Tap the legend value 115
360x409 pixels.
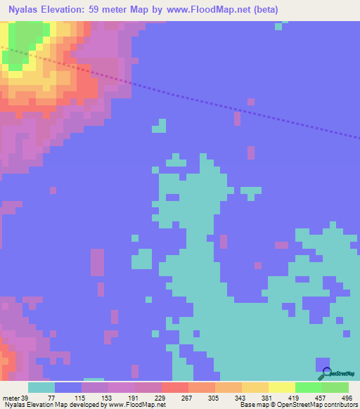(x=81, y=397)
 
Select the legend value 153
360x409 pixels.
(x=108, y=397)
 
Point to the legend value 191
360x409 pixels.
(x=134, y=397)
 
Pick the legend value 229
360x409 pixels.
(x=161, y=397)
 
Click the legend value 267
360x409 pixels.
(x=188, y=397)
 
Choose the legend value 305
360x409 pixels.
(x=214, y=397)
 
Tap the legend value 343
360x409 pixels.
(x=241, y=397)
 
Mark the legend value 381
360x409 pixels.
(x=268, y=397)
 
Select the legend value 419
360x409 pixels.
(x=295, y=397)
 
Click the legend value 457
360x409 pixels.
(x=321, y=397)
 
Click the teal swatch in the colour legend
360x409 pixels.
(x=41, y=387)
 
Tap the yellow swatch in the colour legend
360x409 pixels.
(x=281, y=387)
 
